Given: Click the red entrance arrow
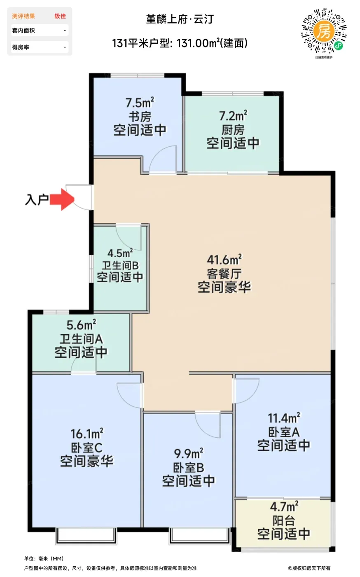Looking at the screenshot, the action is click(x=62, y=199).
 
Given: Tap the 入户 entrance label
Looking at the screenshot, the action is click(x=37, y=199).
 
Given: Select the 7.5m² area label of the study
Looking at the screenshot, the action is click(x=140, y=103).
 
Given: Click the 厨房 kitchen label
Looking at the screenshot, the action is click(x=233, y=130).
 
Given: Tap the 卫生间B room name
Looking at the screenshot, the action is click(x=120, y=265).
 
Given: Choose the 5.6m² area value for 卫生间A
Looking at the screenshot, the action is click(x=81, y=325).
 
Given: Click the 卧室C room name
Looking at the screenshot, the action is click(x=86, y=448).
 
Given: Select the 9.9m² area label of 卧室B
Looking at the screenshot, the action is click(x=189, y=453).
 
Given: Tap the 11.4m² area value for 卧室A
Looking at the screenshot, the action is click(x=284, y=418).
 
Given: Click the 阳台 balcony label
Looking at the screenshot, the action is click(x=283, y=521).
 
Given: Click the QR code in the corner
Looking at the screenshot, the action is click(x=324, y=31).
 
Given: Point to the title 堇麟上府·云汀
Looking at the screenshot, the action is click(x=180, y=19).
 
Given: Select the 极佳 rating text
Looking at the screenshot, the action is click(x=60, y=16).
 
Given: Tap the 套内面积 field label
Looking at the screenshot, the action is click(x=23, y=30).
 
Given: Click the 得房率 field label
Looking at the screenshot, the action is click(x=21, y=47).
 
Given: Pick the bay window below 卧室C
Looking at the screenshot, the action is click(x=86, y=536).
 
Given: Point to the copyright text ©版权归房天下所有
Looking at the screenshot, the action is click(x=309, y=568).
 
